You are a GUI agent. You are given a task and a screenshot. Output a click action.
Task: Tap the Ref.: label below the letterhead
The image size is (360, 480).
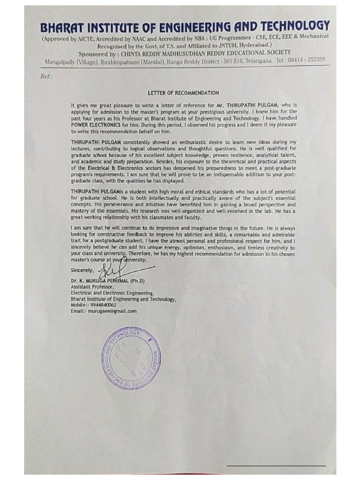click(47, 76)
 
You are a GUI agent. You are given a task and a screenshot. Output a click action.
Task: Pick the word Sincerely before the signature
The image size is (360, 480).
click(82, 270)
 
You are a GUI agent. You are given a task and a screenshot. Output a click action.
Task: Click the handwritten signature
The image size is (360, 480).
click(123, 270)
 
